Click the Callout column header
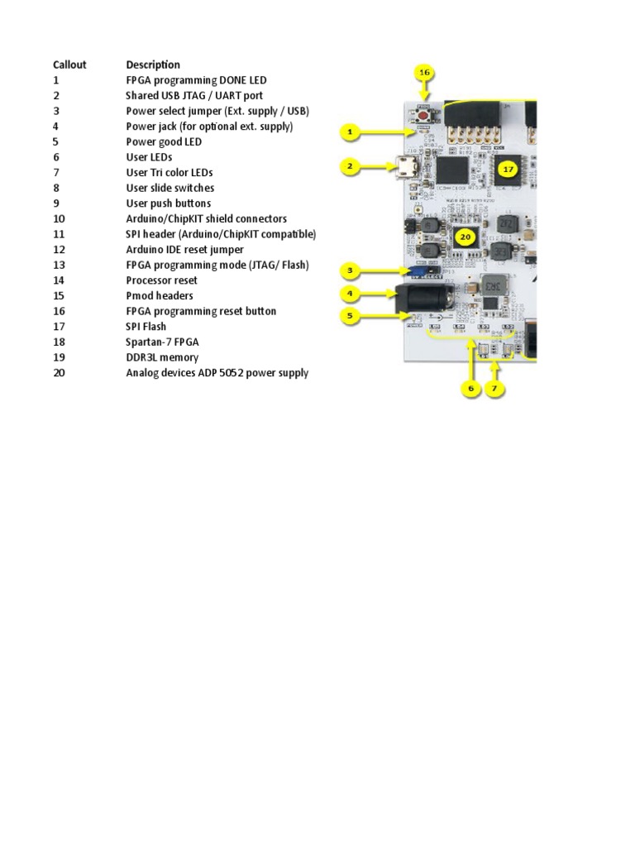(x=69, y=65)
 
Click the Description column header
(x=153, y=65)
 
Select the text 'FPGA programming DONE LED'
(x=196, y=80)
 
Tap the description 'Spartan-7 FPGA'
(x=162, y=342)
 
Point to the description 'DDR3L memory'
(x=162, y=357)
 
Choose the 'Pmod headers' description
(x=160, y=295)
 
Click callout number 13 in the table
(x=59, y=265)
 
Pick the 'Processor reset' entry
(x=161, y=280)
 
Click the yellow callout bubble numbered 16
(x=424, y=73)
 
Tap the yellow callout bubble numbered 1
(x=350, y=132)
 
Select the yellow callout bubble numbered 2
(x=350, y=166)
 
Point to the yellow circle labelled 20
(x=466, y=237)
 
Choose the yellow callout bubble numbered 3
(x=350, y=270)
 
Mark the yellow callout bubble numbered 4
(x=350, y=293)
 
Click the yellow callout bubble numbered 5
(x=350, y=314)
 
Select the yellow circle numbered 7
(x=494, y=388)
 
